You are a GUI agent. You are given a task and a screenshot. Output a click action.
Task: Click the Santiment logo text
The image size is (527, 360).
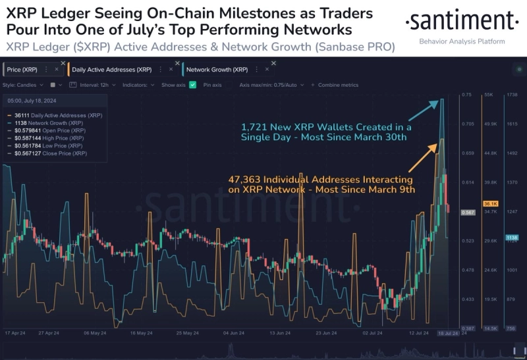tap(462, 23)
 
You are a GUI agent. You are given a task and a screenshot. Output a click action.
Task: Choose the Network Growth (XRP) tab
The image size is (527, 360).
tap(217, 69)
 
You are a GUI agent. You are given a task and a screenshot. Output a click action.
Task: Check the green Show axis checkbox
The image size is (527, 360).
tap(192, 85)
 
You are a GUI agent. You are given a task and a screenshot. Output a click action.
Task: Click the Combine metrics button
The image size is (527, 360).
tap(338, 85)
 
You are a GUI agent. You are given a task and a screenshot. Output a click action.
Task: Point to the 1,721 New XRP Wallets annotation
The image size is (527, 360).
tap(326, 132)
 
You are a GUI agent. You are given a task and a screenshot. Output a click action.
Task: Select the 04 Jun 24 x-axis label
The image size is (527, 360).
tap(235, 333)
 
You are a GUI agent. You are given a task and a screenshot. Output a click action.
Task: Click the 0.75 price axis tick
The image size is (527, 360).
tap(467, 95)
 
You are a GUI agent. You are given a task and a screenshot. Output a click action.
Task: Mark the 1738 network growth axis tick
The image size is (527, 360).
tap(512, 95)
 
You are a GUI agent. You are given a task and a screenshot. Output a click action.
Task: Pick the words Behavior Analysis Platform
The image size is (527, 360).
tap(462, 41)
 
